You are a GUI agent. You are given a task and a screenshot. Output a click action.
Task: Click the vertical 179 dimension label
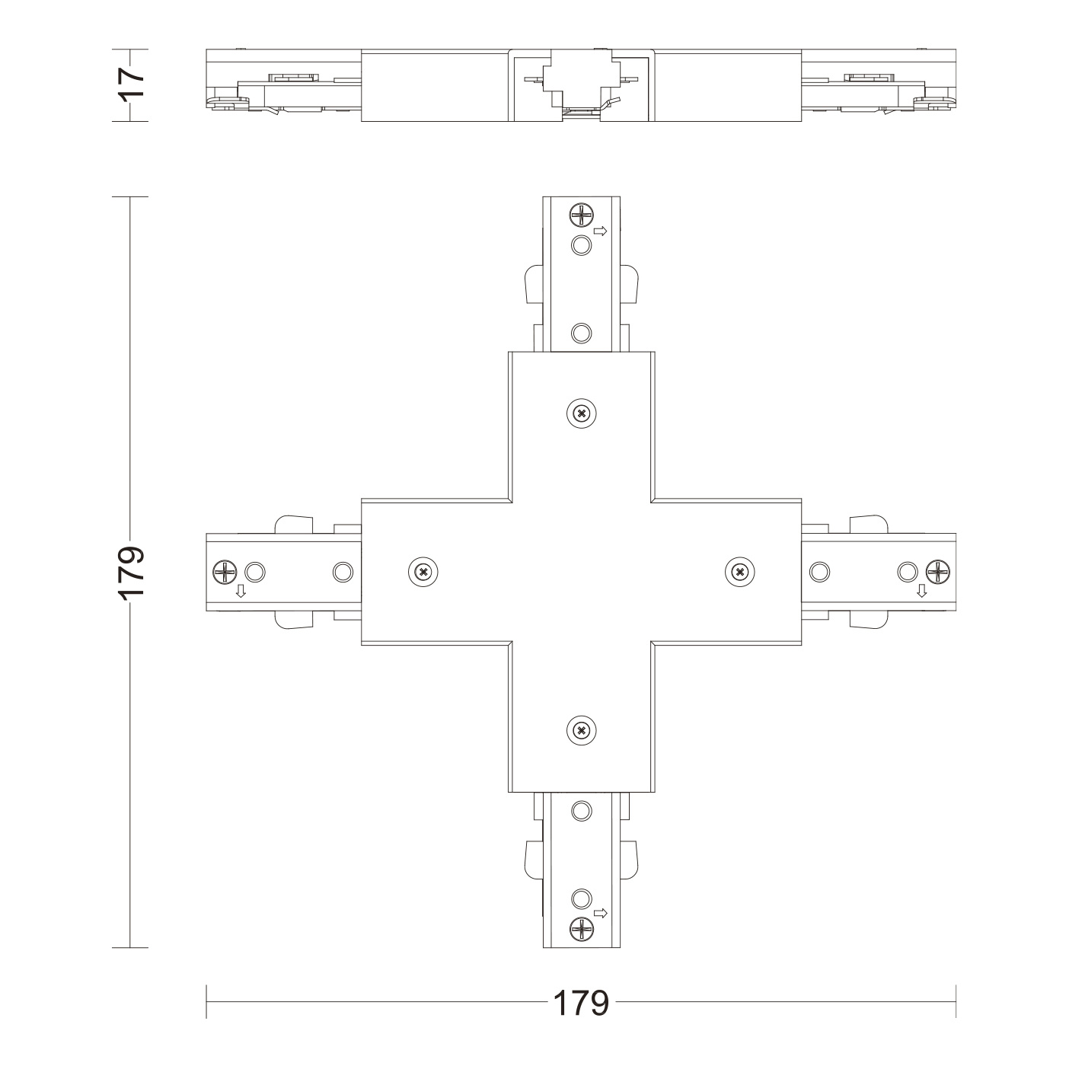click(132, 571)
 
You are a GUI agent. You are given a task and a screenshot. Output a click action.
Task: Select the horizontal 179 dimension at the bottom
click(581, 1003)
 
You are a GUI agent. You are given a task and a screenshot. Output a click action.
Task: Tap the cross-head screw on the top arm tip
click(582, 215)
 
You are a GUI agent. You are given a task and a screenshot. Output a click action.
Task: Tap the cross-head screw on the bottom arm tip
click(582, 929)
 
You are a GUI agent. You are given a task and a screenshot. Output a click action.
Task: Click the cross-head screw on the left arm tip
click(225, 572)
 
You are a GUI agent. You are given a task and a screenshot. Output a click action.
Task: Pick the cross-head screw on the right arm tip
click(937, 572)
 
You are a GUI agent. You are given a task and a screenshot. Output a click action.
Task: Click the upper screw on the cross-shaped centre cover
click(582, 413)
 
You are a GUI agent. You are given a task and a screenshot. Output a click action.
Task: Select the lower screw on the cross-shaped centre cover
click(582, 731)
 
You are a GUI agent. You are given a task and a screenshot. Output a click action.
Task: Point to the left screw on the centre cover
click(423, 572)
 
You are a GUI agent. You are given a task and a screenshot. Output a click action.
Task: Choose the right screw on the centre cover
click(740, 572)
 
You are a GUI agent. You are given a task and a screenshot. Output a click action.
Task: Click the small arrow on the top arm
click(600, 231)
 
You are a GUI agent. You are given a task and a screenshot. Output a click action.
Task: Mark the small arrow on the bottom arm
click(600, 913)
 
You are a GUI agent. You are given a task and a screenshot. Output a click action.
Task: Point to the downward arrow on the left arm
click(241, 592)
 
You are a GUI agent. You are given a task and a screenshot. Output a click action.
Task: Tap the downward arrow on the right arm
click(921, 592)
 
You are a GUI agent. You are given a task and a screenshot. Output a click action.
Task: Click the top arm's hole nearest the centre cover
click(582, 333)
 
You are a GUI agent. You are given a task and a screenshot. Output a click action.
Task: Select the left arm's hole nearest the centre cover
click(343, 572)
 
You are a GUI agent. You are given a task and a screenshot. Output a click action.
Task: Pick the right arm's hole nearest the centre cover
click(820, 572)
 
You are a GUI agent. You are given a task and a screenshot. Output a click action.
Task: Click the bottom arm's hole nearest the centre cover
click(582, 810)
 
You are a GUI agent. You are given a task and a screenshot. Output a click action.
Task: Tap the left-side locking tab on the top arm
click(533, 285)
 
